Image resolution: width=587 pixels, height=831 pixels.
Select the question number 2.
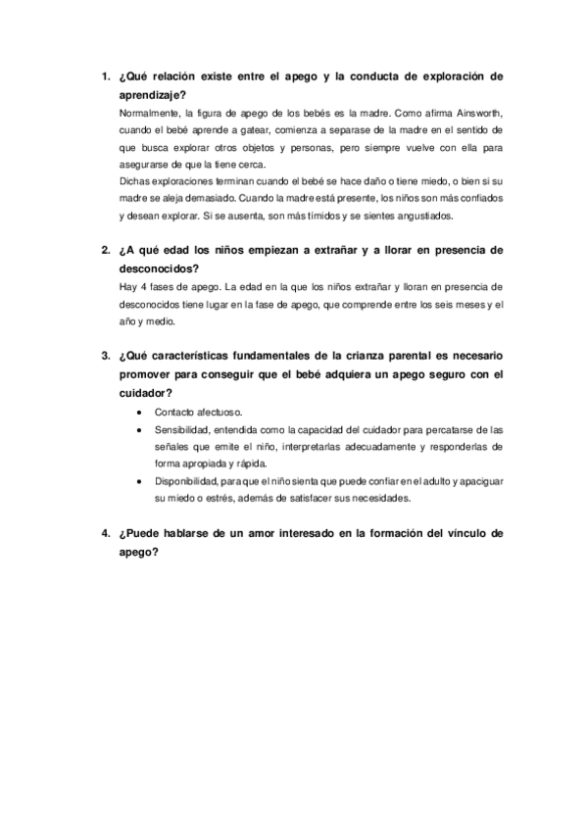(x=105, y=250)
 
